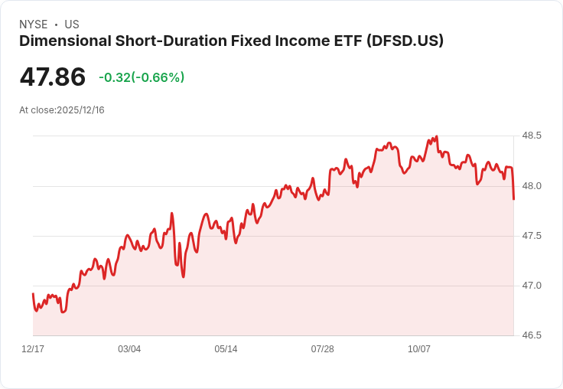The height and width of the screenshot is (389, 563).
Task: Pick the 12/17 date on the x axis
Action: [33, 349]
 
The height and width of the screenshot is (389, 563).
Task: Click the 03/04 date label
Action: [129, 349]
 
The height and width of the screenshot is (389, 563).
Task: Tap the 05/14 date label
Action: [226, 349]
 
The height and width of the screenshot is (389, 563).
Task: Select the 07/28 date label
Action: [322, 349]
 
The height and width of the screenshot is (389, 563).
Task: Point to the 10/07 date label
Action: [419, 349]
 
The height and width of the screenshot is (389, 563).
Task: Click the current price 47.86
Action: [53, 77]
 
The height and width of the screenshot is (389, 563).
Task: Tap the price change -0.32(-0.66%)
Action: [142, 77]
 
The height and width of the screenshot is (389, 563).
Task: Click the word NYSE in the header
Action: [34, 25]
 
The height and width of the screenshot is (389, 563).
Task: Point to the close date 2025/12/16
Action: [80, 110]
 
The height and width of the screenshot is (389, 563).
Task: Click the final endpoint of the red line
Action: [514, 199]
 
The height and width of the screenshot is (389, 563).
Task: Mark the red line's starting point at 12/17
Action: [33, 294]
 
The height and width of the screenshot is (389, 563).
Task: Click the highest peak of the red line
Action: [436, 137]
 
